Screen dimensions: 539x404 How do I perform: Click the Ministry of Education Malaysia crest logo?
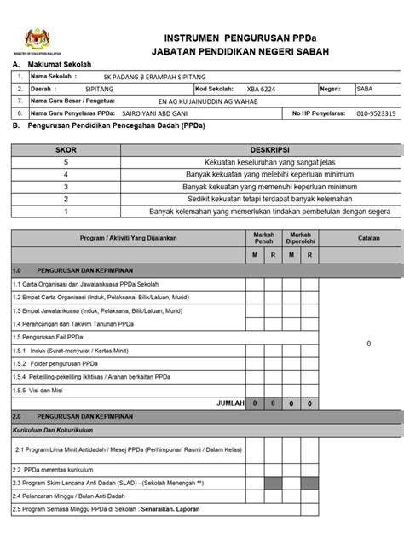[35, 38]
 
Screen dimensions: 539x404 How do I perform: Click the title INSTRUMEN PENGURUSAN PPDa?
[240, 38]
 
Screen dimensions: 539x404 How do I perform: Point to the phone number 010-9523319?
[375, 113]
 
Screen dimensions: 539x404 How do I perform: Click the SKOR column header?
[66, 148]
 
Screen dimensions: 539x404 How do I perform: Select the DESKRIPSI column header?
[258, 148]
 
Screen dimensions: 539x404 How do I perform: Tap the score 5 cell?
[66, 160]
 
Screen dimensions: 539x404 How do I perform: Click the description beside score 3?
[258, 185]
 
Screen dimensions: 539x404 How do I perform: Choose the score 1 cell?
[66, 210]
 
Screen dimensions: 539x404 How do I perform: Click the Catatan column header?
[368, 239]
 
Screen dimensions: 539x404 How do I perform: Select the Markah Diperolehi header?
[299, 237]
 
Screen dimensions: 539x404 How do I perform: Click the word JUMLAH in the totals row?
[231, 402]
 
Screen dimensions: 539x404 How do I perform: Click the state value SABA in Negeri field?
[366, 88]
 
